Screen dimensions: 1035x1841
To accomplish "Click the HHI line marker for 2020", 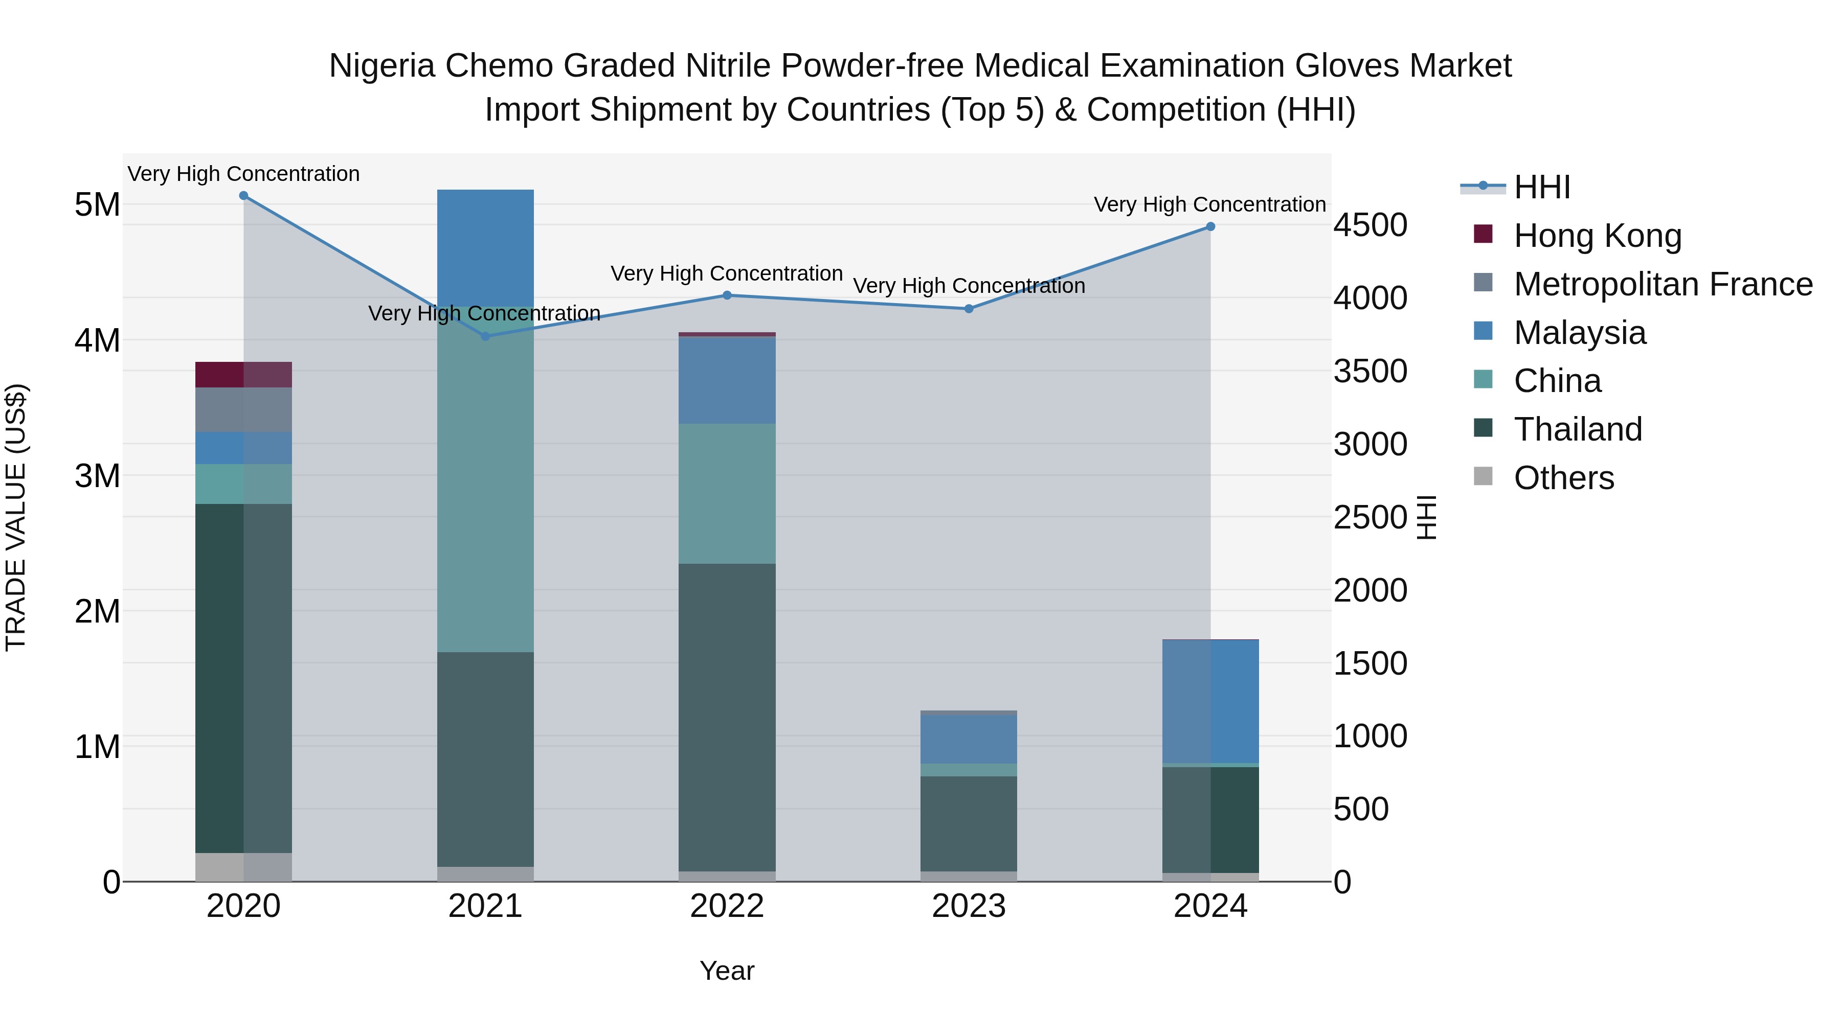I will point(244,196).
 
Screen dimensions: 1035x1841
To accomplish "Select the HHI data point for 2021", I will point(485,336).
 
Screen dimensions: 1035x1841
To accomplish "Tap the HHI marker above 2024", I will point(1210,226).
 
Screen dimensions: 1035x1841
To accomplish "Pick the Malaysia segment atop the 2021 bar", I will point(485,247).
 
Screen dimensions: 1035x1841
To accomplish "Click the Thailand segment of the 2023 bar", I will point(969,823).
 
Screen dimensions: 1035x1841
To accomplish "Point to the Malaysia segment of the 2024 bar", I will point(1210,701).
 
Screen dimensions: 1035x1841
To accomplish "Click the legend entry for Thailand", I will point(1577,429).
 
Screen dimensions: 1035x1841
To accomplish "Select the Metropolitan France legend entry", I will point(1663,284).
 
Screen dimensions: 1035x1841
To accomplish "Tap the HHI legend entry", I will point(1541,187).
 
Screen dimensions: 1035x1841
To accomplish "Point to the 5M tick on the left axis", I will point(97,205).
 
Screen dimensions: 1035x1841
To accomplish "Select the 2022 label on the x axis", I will point(727,906).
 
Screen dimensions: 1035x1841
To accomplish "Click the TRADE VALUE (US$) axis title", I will point(16,517).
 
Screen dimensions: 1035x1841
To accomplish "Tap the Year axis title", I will point(727,971).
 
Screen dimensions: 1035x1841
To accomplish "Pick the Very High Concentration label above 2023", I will point(969,286).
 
